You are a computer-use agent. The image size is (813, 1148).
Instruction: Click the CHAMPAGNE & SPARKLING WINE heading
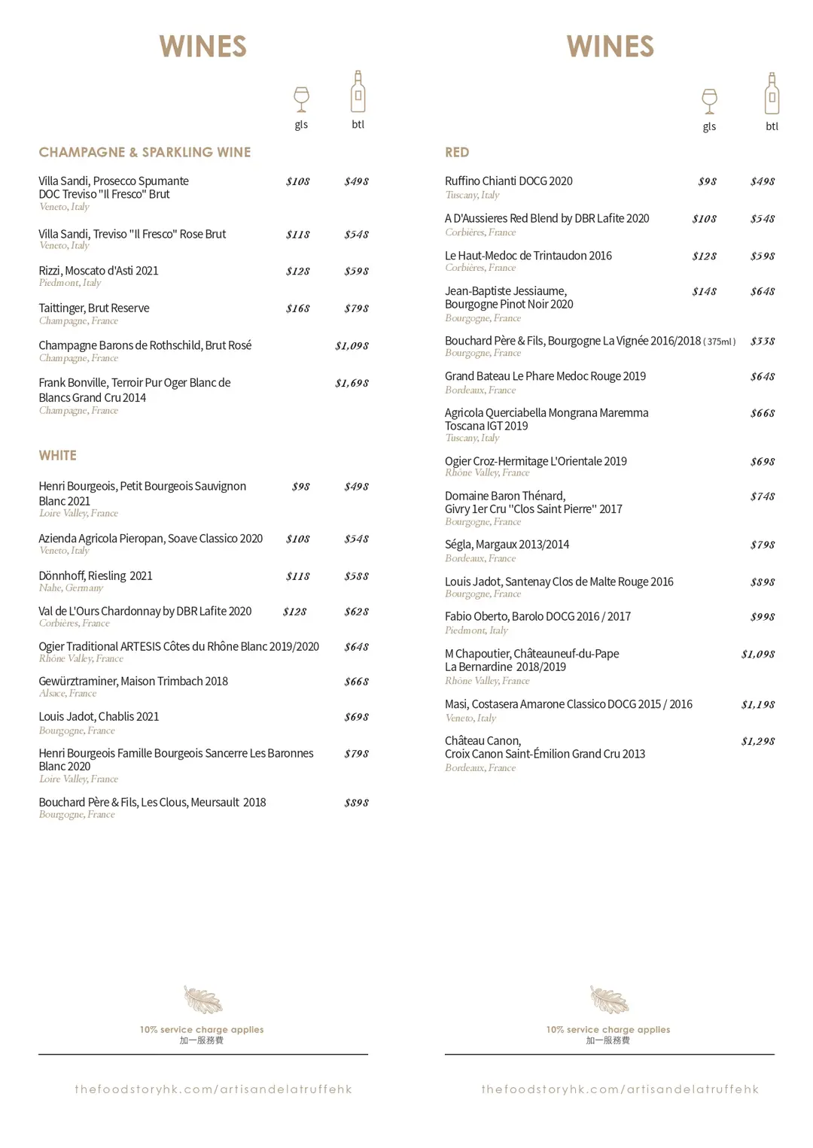(145, 152)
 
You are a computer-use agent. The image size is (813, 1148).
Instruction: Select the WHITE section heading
(58, 455)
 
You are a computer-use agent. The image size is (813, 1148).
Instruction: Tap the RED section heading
(457, 152)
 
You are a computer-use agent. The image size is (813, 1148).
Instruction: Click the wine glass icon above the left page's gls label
(301, 99)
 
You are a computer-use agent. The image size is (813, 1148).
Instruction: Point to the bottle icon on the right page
(772, 93)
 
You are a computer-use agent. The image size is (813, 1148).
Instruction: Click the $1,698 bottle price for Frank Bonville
(352, 383)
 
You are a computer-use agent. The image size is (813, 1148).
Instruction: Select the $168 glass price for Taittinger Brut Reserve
(298, 308)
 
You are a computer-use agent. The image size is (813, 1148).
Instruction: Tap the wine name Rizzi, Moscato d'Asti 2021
(99, 271)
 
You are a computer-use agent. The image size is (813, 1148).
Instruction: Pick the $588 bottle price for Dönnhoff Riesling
(356, 576)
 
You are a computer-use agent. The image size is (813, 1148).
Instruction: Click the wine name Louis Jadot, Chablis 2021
(99, 717)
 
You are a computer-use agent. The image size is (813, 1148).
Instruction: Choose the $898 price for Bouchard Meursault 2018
(356, 803)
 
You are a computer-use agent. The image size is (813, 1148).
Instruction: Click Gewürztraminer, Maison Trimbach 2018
(133, 682)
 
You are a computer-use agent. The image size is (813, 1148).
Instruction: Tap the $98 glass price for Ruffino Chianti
(707, 181)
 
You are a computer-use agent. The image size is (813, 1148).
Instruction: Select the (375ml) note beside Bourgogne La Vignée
(720, 342)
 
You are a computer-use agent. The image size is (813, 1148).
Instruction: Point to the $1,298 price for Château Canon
(758, 741)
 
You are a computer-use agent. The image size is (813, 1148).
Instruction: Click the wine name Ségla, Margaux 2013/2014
(507, 545)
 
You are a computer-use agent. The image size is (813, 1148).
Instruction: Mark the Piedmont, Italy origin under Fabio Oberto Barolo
(476, 630)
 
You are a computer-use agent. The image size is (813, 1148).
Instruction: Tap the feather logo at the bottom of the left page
(203, 1000)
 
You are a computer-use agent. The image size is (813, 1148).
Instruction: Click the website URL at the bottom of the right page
(620, 1089)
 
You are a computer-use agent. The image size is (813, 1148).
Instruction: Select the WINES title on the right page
(611, 47)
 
